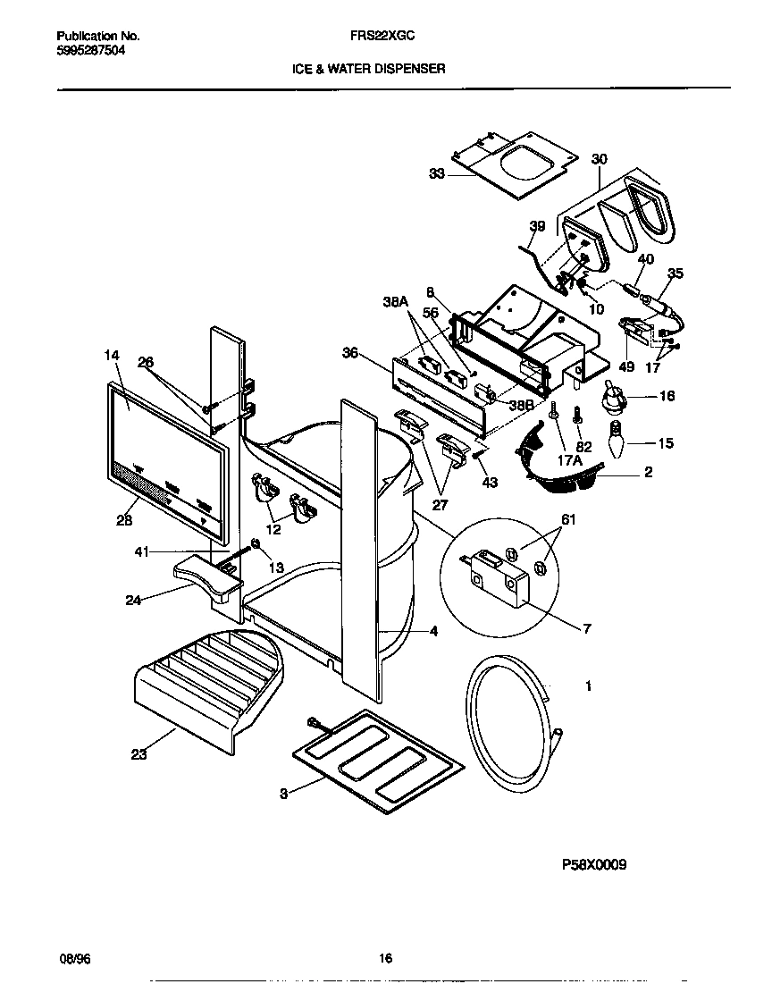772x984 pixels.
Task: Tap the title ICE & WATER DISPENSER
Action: pos(368,68)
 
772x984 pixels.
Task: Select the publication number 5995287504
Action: pos(90,51)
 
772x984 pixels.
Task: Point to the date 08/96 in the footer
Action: pos(74,959)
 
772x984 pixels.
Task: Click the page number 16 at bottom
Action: pos(385,959)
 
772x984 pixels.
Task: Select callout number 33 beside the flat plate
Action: pos(436,175)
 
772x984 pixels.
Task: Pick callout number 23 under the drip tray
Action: pos(138,754)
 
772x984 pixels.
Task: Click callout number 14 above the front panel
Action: pos(111,356)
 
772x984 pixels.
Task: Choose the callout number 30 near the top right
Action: pos(599,159)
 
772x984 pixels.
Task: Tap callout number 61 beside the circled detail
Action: pos(568,519)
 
